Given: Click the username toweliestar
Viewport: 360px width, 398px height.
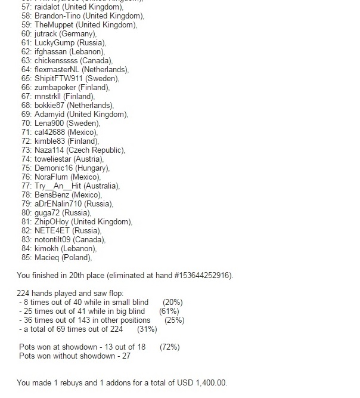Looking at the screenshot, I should (53, 159).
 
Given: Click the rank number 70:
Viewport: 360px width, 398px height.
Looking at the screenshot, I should (26, 124).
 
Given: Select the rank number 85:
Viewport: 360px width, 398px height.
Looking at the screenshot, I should (26, 258).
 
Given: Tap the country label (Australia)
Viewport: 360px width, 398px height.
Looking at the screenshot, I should (100, 186).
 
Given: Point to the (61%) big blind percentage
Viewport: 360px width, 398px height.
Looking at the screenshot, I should (169, 311).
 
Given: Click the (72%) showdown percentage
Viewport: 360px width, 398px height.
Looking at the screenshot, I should (169, 347).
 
